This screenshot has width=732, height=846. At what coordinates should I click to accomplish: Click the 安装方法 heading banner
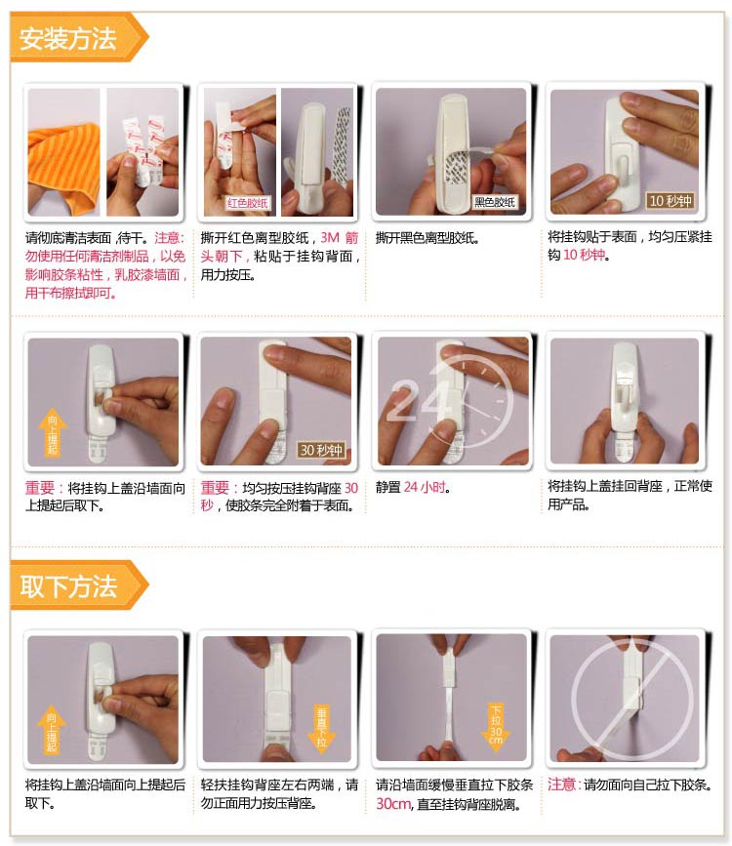tap(79, 38)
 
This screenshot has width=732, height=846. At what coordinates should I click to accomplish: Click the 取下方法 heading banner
tap(79, 585)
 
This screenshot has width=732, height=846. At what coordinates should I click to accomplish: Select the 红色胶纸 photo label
tap(247, 203)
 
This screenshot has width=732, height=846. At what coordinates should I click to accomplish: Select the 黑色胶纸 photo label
tap(495, 202)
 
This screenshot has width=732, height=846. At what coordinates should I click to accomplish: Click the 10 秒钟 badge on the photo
tap(670, 201)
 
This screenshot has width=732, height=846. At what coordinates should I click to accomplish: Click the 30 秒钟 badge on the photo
tap(321, 450)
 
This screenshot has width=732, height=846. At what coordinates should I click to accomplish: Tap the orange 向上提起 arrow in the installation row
tap(53, 434)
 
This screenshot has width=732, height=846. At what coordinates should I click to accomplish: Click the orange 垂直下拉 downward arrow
tap(321, 726)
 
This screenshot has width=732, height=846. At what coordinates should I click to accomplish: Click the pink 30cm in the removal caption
tap(393, 804)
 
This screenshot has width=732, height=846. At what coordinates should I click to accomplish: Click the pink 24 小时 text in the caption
tap(425, 487)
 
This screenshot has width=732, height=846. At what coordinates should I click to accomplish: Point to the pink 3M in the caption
tap(330, 238)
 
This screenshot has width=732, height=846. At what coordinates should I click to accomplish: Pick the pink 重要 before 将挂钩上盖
tap(39, 488)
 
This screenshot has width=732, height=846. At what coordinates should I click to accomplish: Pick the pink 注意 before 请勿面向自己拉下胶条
tap(562, 784)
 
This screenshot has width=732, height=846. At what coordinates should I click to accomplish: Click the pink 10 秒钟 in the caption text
tap(584, 255)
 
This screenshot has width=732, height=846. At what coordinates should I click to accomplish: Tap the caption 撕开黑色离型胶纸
tap(427, 238)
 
